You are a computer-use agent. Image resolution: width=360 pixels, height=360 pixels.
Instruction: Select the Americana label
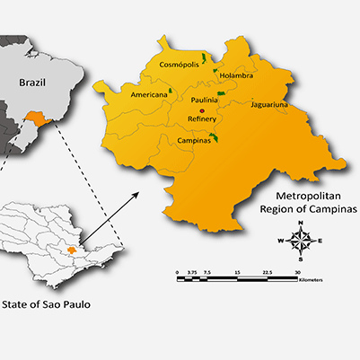tap(148, 94)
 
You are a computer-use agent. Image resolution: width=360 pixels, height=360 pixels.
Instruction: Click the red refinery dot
tap(202, 110)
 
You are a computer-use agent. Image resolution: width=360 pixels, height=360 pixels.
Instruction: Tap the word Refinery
tap(202, 119)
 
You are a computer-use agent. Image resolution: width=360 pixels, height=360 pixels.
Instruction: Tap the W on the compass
tap(282, 241)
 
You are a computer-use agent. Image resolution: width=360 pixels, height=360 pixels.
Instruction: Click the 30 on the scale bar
tap(297, 271)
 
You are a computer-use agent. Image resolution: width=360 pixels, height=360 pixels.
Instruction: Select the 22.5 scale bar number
tap(267, 271)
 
